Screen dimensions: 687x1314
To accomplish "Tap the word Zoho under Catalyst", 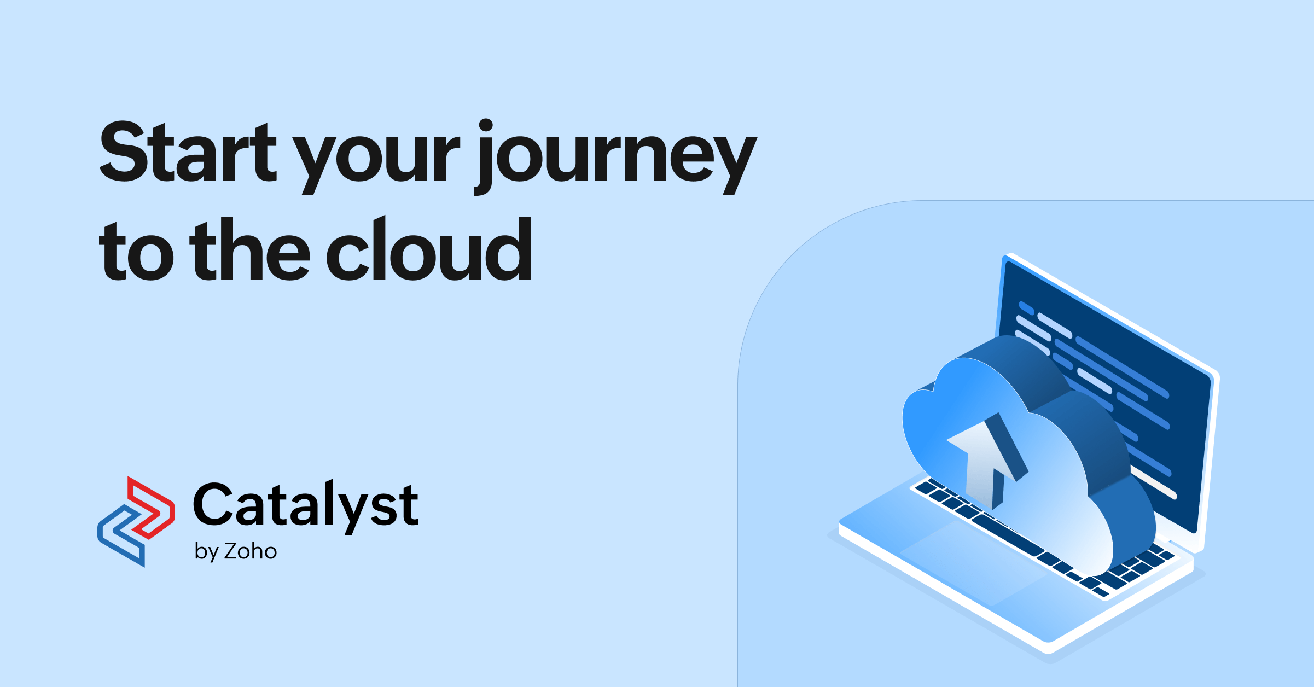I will click(x=251, y=551).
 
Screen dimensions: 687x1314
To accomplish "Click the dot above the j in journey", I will click(x=486, y=125).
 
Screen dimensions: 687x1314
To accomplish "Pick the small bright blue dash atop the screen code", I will click(x=1026, y=308).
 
